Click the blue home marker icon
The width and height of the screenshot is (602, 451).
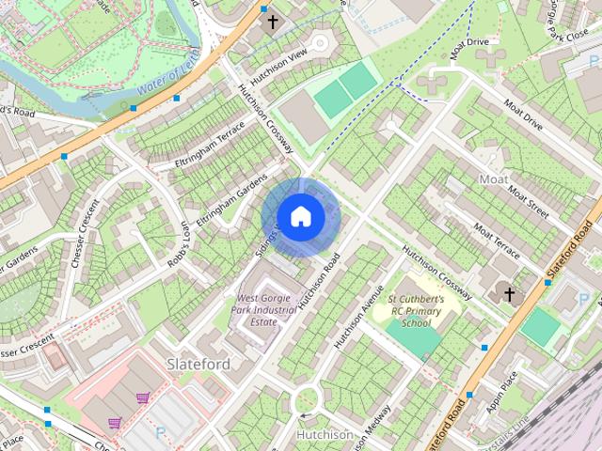[x=300, y=217]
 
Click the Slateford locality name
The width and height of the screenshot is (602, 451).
[x=198, y=363]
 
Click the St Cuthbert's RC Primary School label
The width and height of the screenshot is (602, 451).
[x=416, y=311]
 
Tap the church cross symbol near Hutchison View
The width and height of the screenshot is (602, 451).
[x=273, y=22]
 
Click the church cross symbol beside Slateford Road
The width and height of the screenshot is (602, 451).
[x=509, y=295]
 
